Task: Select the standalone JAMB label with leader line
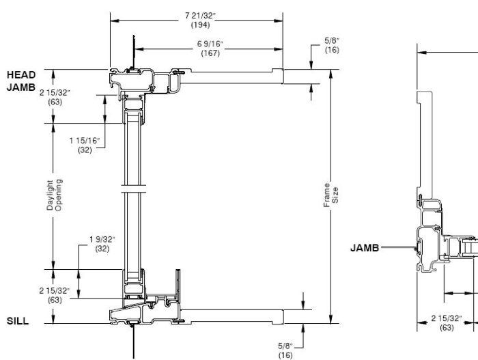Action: (365, 248)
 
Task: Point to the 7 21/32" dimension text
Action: (197, 15)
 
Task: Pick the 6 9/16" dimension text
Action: (210, 44)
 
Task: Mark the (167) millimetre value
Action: (210, 53)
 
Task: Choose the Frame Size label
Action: (329, 195)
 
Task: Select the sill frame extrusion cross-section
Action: (147, 311)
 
